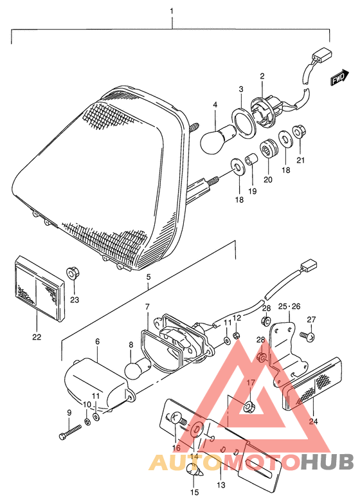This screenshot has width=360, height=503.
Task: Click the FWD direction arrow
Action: (339, 77)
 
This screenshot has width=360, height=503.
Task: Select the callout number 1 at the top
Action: (172, 11)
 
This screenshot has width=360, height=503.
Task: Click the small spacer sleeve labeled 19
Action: (251, 159)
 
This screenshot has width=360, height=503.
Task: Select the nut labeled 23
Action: (74, 273)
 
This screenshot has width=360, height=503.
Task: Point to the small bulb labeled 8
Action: (138, 370)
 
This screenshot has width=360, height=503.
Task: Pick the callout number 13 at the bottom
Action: (221, 484)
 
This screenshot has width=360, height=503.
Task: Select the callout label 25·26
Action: (289, 306)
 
